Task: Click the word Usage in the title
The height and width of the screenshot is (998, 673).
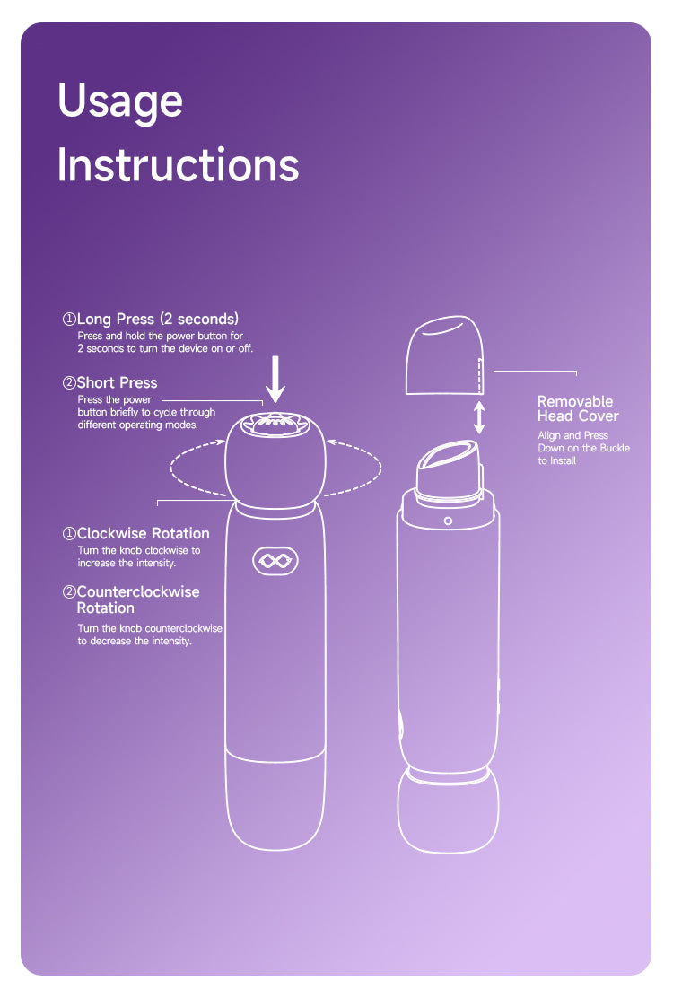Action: point(120,101)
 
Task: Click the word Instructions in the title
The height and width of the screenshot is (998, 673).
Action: point(178,165)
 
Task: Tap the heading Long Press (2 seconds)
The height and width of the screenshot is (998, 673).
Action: point(151,319)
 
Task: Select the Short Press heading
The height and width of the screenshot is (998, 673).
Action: point(109,382)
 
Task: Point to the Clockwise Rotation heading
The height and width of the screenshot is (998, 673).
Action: point(135,533)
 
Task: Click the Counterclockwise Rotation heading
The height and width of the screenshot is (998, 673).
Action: point(131,600)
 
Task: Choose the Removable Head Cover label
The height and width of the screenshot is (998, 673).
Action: point(578,408)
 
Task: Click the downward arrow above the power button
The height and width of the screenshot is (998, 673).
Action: point(275,380)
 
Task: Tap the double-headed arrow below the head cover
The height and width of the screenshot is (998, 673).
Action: point(479,417)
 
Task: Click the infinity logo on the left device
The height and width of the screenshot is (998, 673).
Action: point(275,561)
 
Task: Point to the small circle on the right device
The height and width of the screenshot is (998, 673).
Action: point(448,521)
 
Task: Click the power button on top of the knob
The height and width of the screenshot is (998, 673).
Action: point(275,424)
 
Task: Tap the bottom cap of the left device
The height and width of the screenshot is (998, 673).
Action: point(275,801)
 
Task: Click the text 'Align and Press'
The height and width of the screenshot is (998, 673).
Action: point(573,435)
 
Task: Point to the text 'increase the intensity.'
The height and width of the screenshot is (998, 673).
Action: point(127,563)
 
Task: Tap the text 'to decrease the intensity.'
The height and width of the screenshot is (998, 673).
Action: point(135,641)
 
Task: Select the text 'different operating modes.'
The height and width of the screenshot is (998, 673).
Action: point(138,425)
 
